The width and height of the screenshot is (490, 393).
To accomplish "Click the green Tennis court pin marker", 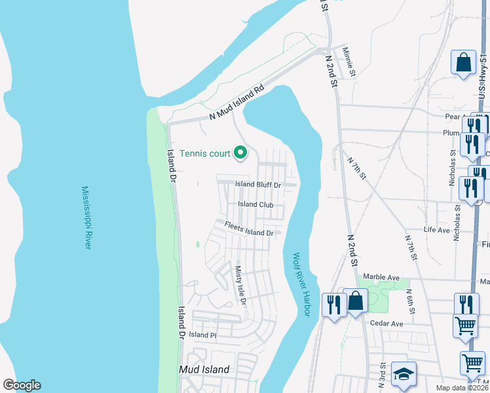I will click(x=240, y=153).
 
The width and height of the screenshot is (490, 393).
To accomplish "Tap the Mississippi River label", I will click(x=86, y=217).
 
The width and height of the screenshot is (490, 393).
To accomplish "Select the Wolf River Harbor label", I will click(x=301, y=285).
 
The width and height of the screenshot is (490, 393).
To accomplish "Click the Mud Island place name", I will click(x=204, y=369).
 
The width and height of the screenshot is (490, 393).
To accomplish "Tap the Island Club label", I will click(x=255, y=204).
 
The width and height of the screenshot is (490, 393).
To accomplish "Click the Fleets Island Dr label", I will click(x=249, y=229).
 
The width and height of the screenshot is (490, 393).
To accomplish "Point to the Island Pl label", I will click(x=202, y=335).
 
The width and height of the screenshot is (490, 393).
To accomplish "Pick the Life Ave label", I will click(x=437, y=230).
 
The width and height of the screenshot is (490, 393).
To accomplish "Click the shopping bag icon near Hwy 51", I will click(x=464, y=63).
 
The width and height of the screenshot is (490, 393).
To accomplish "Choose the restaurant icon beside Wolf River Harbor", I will click(x=334, y=303).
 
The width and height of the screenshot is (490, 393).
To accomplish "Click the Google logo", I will click(x=22, y=385).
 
